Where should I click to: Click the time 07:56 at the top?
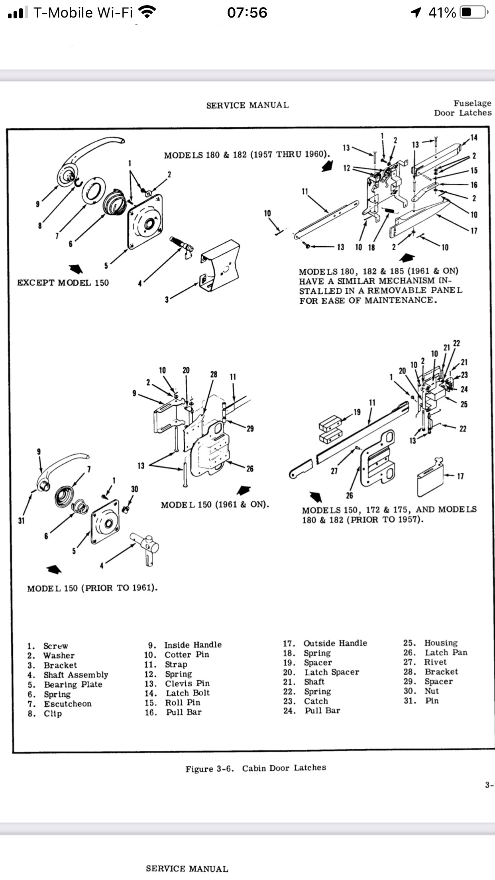(x=247, y=12)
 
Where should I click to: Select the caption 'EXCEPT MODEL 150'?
(x=63, y=283)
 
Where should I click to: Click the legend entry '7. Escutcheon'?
(x=60, y=703)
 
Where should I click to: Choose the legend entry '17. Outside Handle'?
(x=325, y=643)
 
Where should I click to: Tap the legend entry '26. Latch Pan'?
(x=435, y=652)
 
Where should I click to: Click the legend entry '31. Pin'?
(x=421, y=701)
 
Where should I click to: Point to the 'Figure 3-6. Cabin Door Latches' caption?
(x=255, y=768)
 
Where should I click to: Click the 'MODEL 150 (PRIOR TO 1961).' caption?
(x=92, y=588)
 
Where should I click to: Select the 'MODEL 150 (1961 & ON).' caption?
(x=215, y=505)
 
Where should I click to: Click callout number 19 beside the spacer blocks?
(x=357, y=412)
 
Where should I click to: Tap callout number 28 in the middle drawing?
(x=214, y=374)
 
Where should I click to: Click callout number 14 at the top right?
(x=473, y=137)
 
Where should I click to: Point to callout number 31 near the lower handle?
(x=21, y=521)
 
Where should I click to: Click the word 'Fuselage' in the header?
(x=472, y=103)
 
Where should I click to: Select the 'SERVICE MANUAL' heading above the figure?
(x=247, y=105)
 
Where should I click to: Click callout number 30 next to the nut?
(x=135, y=489)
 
